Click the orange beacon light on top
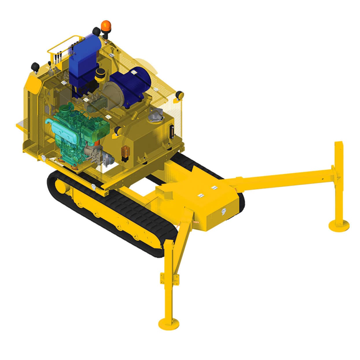pyautogui.click(x=106, y=25)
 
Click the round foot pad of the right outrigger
pyautogui.click(x=339, y=224)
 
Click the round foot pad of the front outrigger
pyautogui.click(x=169, y=323)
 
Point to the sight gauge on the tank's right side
pyautogui.click(x=171, y=132)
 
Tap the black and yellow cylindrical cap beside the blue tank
pyautogui.click(x=100, y=74)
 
